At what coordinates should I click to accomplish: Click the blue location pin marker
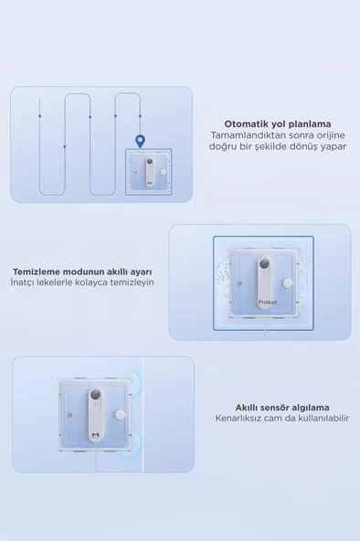point(140,141)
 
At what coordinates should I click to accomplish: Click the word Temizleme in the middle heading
point(37,271)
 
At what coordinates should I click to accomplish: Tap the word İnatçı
point(24,283)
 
